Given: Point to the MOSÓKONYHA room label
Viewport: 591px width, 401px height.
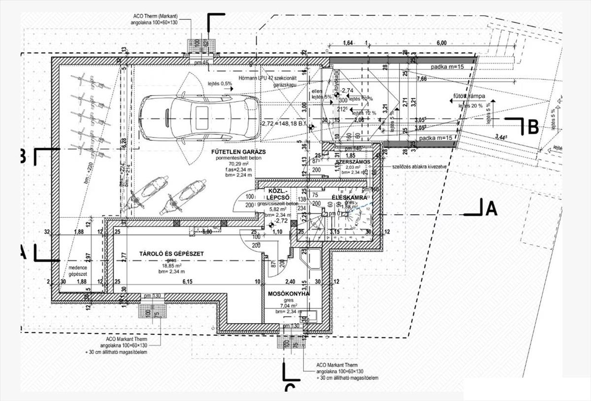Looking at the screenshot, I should tap(289, 294).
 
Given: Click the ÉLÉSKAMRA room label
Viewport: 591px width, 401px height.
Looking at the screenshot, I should tap(350, 198).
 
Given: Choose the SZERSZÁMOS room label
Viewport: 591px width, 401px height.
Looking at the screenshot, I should tap(353, 162).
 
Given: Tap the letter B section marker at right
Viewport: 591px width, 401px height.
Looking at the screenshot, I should tap(533, 127).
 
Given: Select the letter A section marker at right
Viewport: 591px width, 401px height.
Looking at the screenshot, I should tap(491, 209).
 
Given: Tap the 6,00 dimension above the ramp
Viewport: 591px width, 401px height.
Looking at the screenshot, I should tap(441, 43).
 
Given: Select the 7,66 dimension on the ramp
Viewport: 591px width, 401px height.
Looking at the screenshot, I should tap(422, 79).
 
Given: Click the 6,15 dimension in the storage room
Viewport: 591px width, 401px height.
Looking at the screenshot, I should tap(187, 282).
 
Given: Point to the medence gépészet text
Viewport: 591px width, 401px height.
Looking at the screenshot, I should tap(78, 270).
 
